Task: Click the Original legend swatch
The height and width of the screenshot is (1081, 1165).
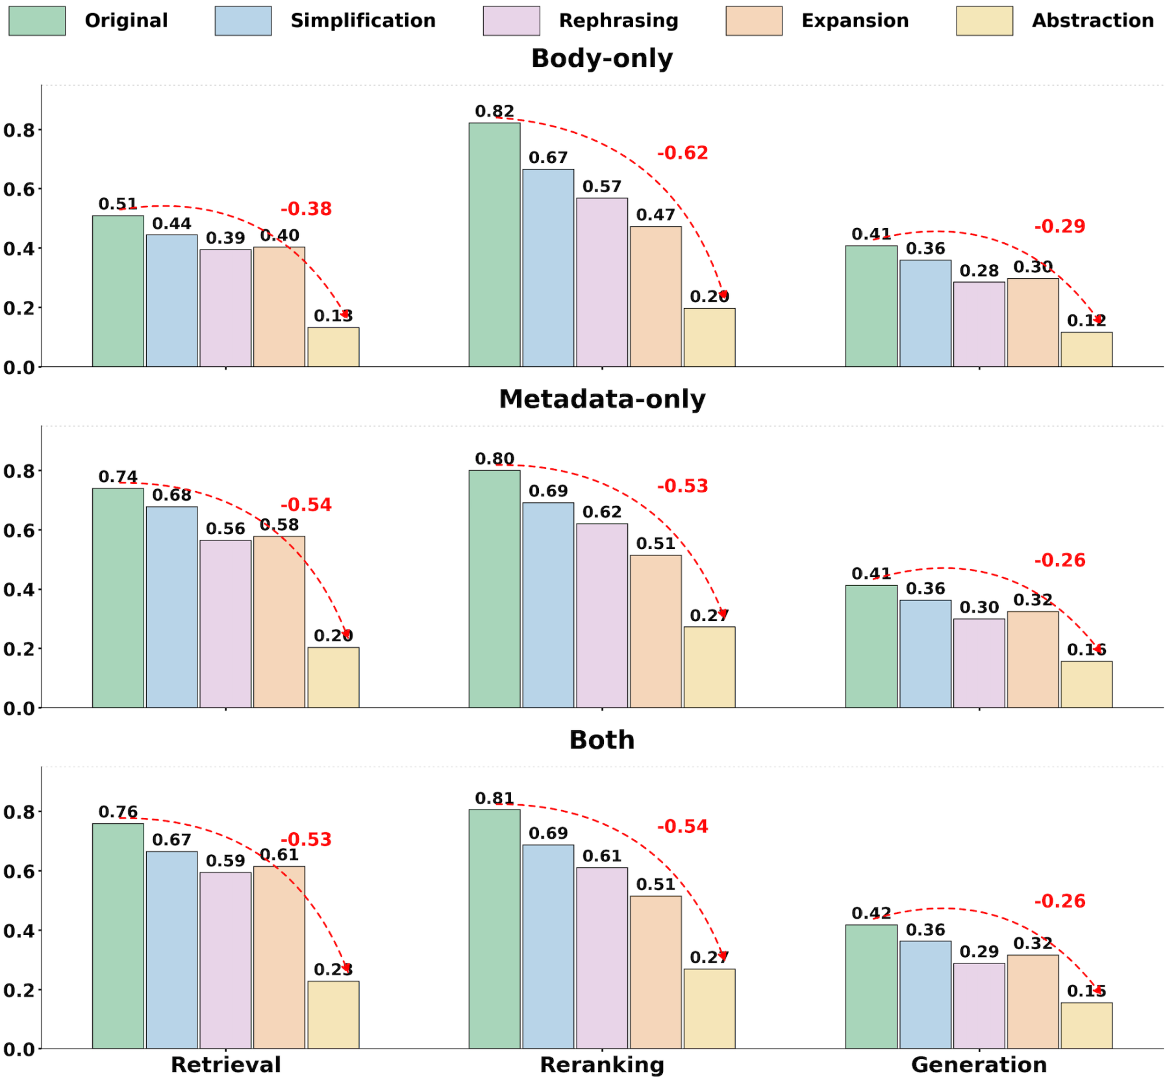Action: point(37,21)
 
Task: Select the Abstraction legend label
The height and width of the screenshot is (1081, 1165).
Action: point(1092,21)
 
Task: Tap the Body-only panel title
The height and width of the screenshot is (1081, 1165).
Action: point(602,58)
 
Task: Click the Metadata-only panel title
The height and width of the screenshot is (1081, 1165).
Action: point(602,399)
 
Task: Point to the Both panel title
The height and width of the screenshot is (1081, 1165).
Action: point(602,740)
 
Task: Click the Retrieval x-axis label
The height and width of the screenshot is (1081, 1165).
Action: point(225,1065)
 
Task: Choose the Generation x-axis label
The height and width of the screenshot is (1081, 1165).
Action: point(979,1065)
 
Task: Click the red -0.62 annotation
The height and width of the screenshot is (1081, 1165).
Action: point(683,153)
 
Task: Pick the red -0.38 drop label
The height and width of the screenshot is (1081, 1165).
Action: point(306,209)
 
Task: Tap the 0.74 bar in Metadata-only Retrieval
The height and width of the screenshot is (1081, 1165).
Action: point(118,598)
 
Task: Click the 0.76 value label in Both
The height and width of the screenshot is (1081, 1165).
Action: point(118,812)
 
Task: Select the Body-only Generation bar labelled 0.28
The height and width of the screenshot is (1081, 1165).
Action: point(979,324)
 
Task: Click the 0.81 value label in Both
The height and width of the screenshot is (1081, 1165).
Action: point(494,798)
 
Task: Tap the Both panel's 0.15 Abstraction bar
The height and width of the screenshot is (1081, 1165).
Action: point(1086,1026)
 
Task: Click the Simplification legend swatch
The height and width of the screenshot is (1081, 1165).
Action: point(243,21)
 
